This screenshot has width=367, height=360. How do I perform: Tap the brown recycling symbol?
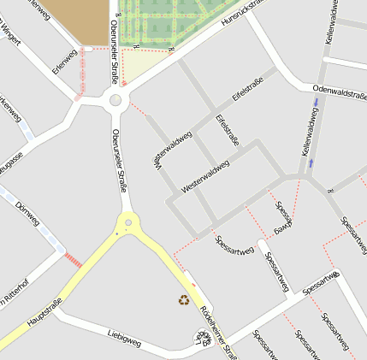click(x=184, y=299)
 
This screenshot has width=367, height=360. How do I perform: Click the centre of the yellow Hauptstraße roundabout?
click(x=128, y=223)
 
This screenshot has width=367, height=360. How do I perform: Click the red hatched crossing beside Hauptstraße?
click(x=74, y=258)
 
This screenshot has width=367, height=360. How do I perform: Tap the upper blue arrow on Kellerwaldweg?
click(x=317, y=103)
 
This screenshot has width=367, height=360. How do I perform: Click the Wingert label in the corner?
click(x=8, y=33)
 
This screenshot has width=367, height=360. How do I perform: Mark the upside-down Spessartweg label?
click(x=282, y=218)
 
